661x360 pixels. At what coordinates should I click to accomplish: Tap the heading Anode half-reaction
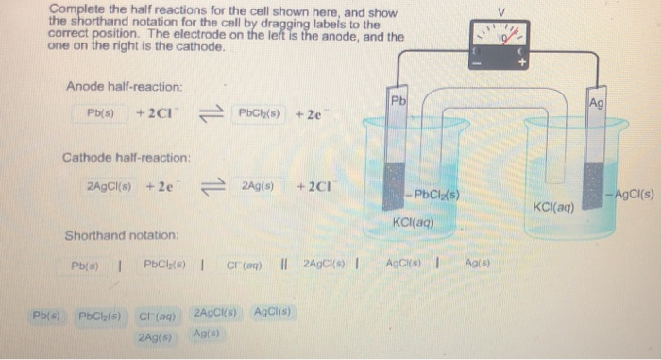pos(124,87)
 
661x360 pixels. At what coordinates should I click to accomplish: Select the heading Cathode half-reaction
pos(127,157)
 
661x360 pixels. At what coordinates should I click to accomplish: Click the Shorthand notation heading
pos(121,234)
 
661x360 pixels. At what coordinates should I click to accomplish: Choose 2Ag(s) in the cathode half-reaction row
pos(257,186)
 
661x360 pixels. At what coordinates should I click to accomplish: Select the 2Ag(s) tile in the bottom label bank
pos(153,336)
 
